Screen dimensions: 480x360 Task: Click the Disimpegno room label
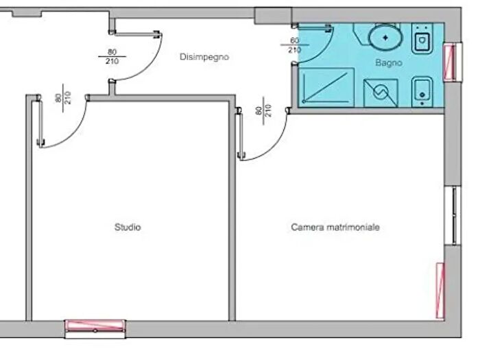pyautogui.click(x=204, y=57)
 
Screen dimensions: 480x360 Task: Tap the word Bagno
pyautogui.click(x=389, y=62)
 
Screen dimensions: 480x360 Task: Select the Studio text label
pyautogui.click(x=128, y=227)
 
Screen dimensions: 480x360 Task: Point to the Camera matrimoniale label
pyautogui.click(x=335, y=227)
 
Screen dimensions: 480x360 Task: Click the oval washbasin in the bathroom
pyautogui.click(x=385, y=38)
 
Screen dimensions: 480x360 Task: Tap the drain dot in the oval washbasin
pyautogui.click(x=385, y=38)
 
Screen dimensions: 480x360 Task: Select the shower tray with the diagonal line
pyautogui.click(x=326, y=88)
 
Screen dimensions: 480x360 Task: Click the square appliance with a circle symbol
pyautogui.click(x=381, y=93)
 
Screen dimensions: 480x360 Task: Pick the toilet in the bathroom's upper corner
pyautogui.click(x=422, y=38)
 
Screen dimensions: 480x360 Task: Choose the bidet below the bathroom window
pyautogui.click(x=422, y=92)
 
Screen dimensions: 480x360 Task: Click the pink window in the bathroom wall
pyautogui.click(x=450, y=62)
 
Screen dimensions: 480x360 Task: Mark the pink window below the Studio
pyautogui.click(x=95, y=326)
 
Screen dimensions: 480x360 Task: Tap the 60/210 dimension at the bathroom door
pyautogui.click(x=294, y=45)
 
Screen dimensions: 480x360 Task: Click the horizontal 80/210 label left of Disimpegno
pyautogui.click(x=112, y=57)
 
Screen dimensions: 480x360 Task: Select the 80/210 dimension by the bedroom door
pyautogui.click(x=263, y=110)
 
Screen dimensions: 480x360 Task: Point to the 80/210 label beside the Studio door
pyautogui.click(x=63, y=98)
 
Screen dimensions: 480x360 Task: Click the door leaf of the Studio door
pyautogui.click(x=40, y=121)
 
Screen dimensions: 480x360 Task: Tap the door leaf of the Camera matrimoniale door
pyautogui.click(x=240, y=134)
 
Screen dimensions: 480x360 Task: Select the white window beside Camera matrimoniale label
pyautogui.click(x=453, y=215)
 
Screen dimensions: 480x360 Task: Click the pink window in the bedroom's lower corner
pyautogui.click(x=440, y=291)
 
